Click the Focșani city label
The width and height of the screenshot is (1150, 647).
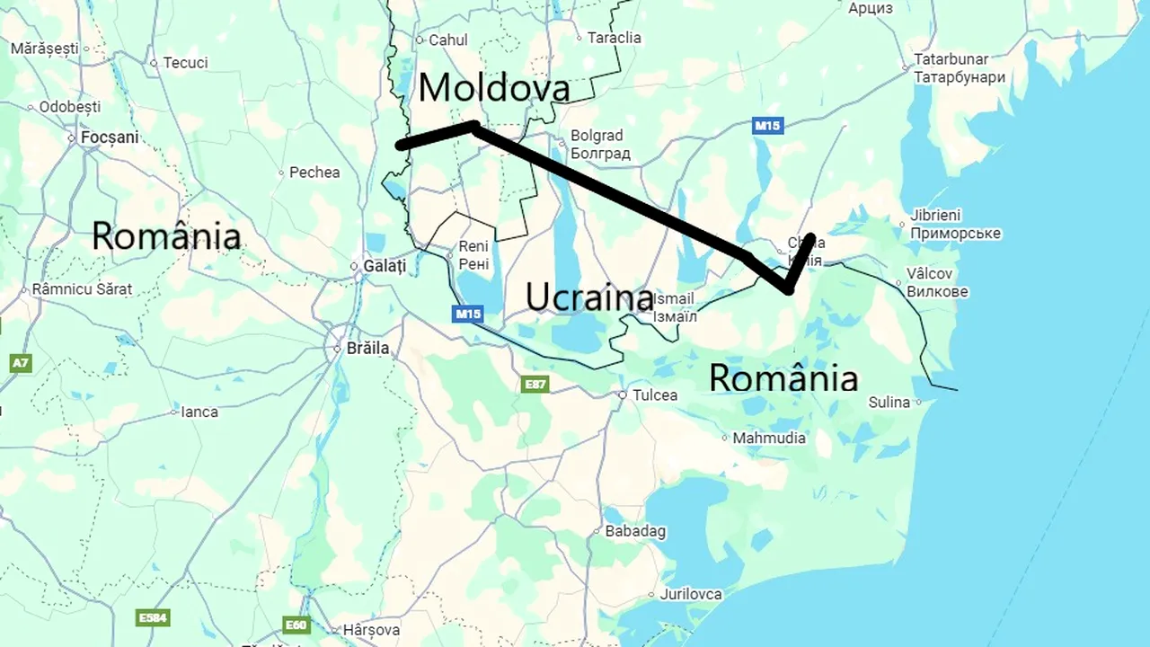pos(110,137)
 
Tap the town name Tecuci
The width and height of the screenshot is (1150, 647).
pos(185,63)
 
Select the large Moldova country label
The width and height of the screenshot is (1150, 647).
pos(493,88)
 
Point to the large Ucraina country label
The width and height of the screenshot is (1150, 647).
pos(588,296)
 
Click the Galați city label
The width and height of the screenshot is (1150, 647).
pos(385,266)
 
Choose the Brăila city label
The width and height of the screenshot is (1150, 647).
pos(367,348)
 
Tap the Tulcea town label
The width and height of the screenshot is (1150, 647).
pos(655,395)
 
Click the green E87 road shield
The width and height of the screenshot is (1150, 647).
pos(535,385)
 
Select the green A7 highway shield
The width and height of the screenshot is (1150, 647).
pos(21,363)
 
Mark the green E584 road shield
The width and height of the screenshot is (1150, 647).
pos(152,618)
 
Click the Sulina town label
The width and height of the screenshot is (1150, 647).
pos(889,403)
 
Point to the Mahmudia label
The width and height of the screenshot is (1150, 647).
pos(769,439)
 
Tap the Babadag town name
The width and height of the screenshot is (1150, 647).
pos(635,531)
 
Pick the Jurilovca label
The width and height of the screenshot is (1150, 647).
pos(690,594)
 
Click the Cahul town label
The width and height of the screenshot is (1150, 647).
pos(447,40)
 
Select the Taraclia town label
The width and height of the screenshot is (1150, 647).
pos(614,38)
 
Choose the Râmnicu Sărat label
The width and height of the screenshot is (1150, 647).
pos(82,289)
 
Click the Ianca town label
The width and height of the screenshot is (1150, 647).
pos(199,412)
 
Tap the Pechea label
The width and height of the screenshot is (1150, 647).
pos(314,172)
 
